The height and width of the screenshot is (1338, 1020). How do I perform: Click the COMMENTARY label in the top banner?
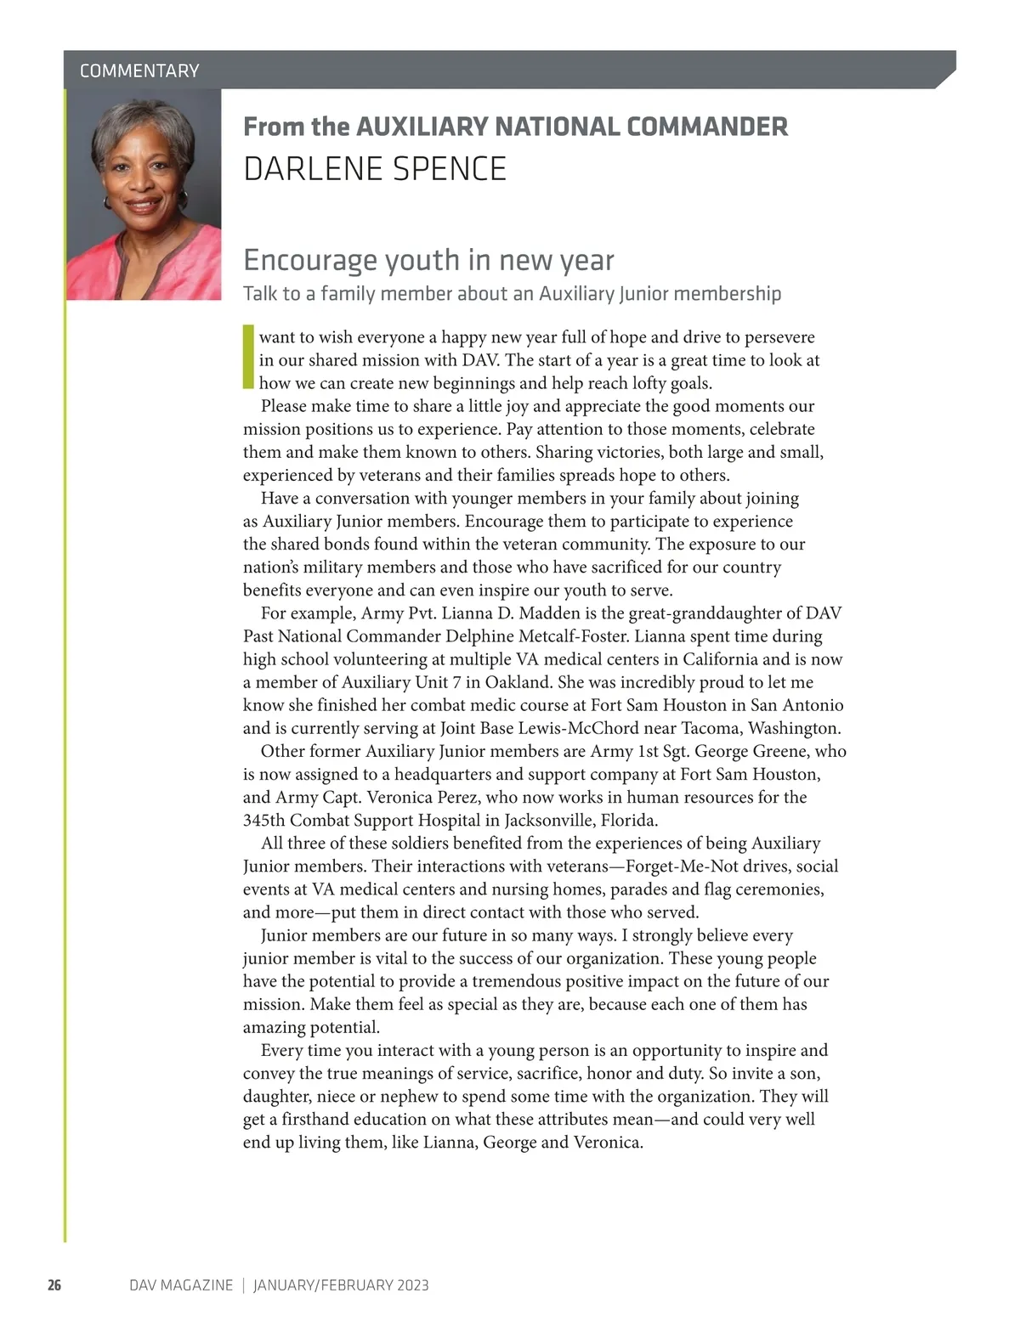pyautogui.click(x=139, y=71)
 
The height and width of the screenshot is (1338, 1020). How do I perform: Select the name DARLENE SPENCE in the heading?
pyautogui.click(x=374, y=169)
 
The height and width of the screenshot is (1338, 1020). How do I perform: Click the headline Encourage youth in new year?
pyautogui.click(x=428, y=260)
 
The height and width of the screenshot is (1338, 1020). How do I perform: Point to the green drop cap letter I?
pyautogui.click(x=248, y=357)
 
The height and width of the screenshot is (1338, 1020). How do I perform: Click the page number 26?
pyautogui.click(x=54, y=1285)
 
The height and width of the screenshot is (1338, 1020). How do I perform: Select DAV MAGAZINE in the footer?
pyautogui.click(x=180, y=1285)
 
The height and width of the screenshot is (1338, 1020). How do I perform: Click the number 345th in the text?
pyautogui.click(x=263, y=820)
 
